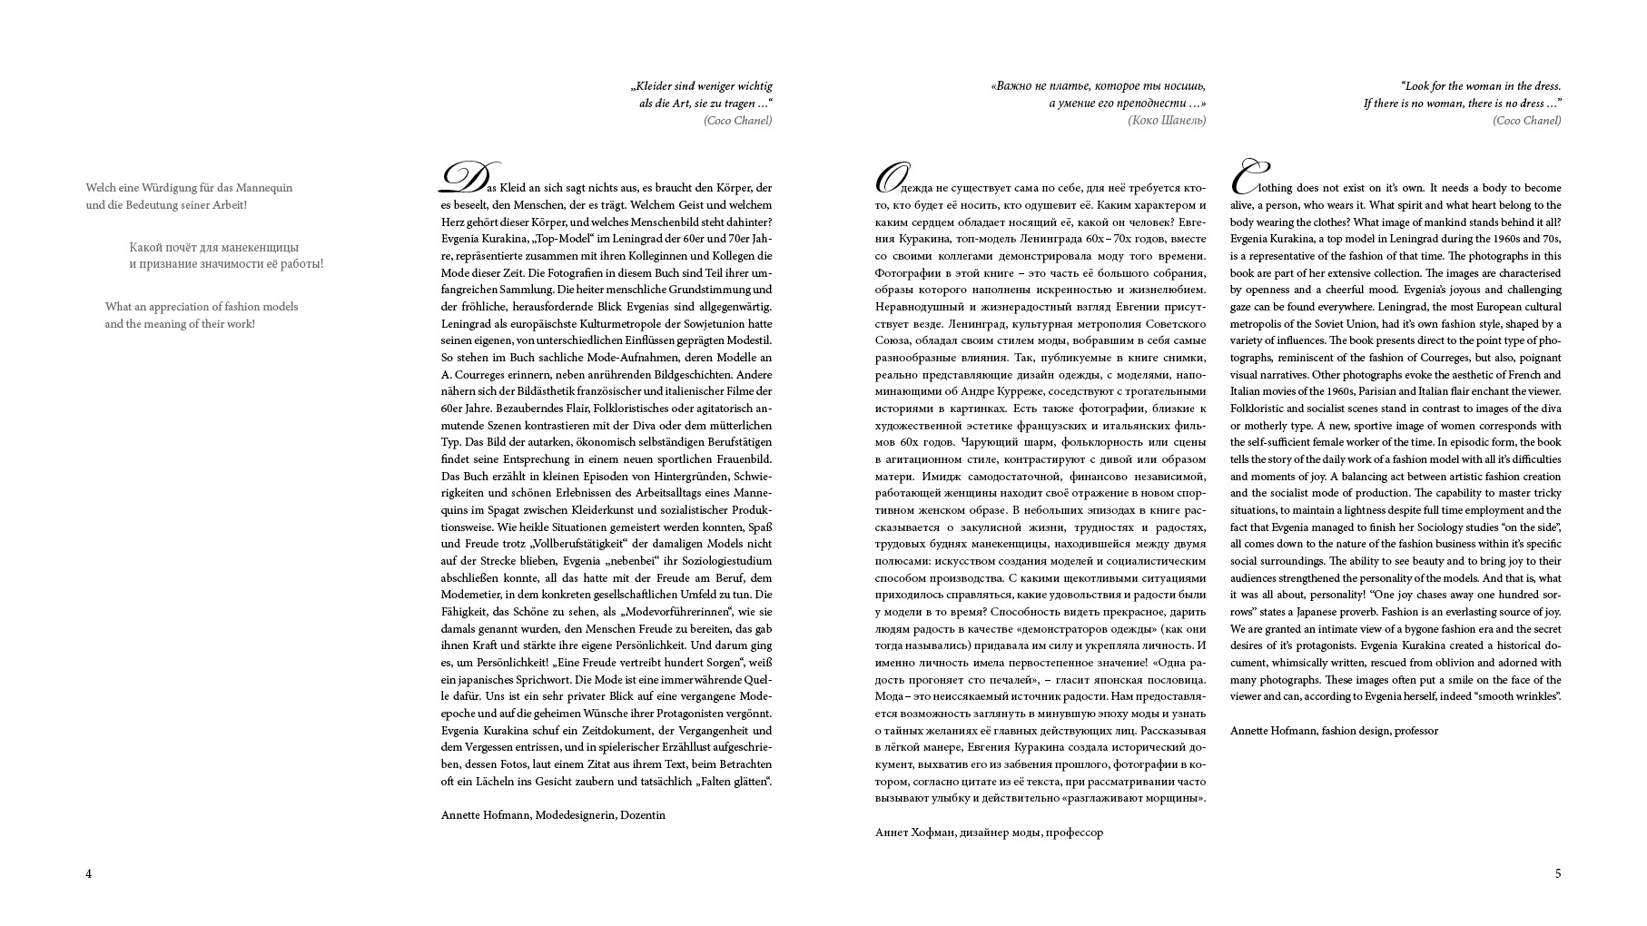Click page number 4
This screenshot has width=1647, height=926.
[x=89, y=874]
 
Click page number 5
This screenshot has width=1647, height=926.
[x=1558, y=874]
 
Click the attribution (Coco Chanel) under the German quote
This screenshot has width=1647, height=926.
[x=737, y=121]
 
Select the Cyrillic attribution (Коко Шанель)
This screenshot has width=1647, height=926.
[x=1167, y=121]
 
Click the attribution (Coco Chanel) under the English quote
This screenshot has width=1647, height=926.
[x=1527, y=121]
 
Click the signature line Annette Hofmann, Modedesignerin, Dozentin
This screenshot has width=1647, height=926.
[x=553, y=815]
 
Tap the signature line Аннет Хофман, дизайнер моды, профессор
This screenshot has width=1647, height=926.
[x=989, y=832]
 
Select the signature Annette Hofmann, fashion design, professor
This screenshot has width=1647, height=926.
[x=1334, y=731]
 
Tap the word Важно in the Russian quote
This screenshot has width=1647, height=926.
[x=1016, y=86]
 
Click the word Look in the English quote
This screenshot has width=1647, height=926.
[x=1419, y=86]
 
